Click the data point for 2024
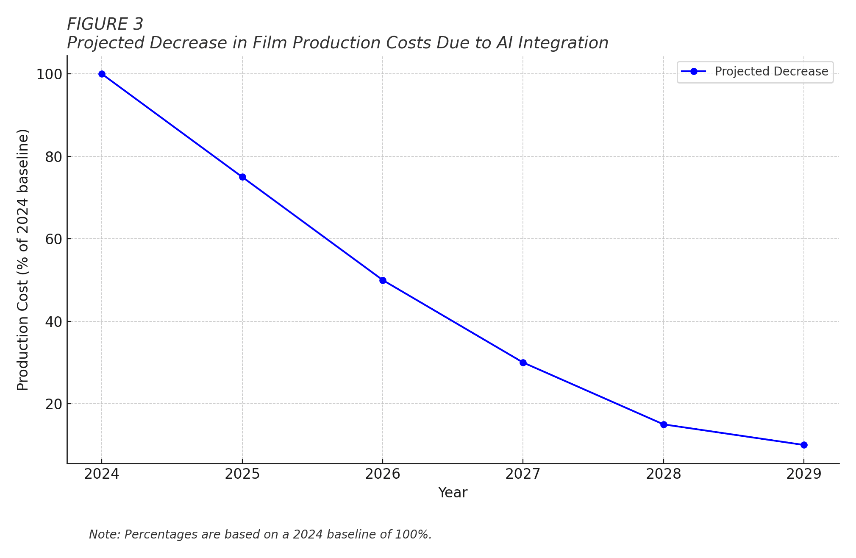click(102, 74)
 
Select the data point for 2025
click(242, 177)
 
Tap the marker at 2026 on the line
click(383, 280)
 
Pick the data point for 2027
click(523, 363)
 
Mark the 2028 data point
click(664, 424)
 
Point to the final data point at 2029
click(804, 445)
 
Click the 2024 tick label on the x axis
click(102, 474)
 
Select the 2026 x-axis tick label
click(383, 474)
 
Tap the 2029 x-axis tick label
click(804, 474)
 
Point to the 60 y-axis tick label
click(53, 239)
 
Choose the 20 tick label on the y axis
click(53, 404)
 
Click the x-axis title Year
click(453, 493)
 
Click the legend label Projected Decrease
click(771, 72)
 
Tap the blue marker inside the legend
click(694, 72)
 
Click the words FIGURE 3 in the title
click(105, 25)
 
